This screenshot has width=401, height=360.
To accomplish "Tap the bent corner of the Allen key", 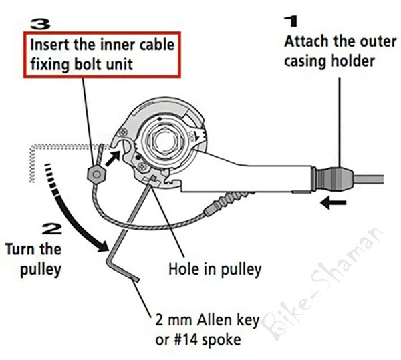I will click(x=112, y=252).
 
